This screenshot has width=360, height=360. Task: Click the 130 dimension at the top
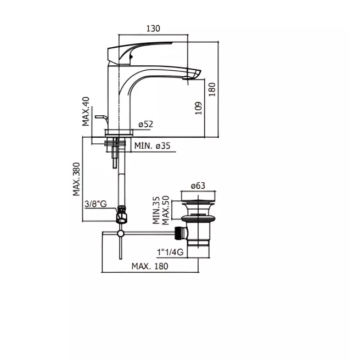pyautogui.click(x=153, y=29)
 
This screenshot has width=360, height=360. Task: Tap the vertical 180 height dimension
pyautogui.click(x=212, y=89)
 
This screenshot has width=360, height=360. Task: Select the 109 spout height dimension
pyautogui.click(x=198, y=108)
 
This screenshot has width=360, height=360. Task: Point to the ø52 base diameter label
pyautogui.click(x=146, y=124)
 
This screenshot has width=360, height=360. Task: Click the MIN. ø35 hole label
pyautogui.click(x=153, y=145)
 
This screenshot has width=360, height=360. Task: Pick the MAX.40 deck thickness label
pyautogui.click(x=86, y=111)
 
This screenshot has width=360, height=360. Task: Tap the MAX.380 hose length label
pyautogui.click(x=76, y=179)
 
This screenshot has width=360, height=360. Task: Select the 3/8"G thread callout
pyautogui.click(x=95, y=204)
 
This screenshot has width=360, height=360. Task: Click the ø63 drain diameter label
pyautogui.click(x=198, y=185)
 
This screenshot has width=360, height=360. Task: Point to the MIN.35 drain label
pyautogui.click(x=156, y=210)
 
